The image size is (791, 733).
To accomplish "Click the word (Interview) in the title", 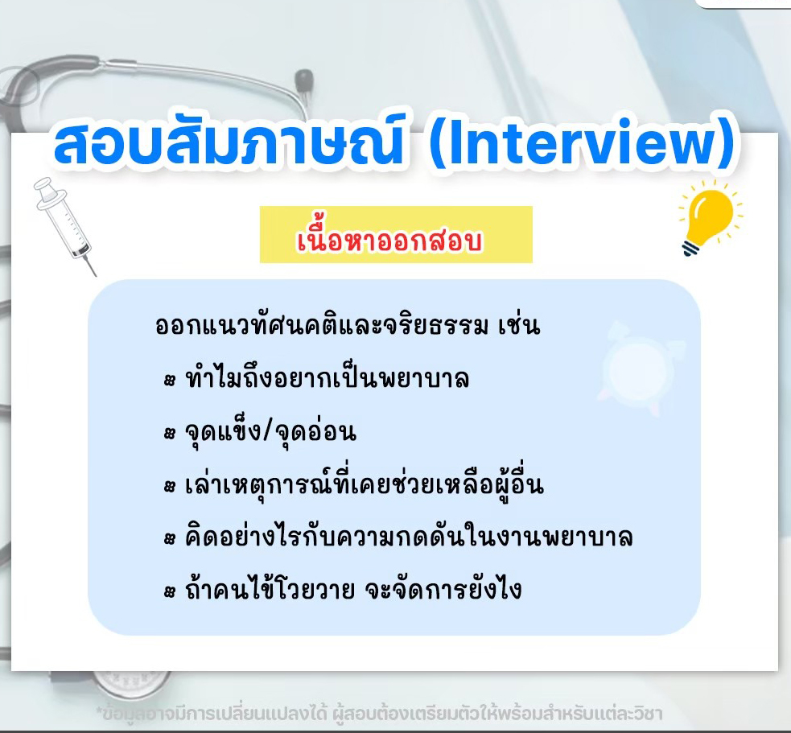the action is [582, 142].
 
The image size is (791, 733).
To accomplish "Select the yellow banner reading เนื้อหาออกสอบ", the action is [396, 235].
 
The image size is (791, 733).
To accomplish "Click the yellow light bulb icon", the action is [711, 217].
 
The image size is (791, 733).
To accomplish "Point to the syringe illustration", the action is [64, 225].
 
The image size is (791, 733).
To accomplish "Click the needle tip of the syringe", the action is [95, 275].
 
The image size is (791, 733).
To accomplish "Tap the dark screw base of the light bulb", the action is [691, 248].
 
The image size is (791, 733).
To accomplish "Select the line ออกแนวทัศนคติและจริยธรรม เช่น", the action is [348, 326].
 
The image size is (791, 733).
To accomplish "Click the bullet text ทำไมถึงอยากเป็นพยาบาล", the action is [328, 378].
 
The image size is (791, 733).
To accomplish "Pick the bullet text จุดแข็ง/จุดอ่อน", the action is [270, 432].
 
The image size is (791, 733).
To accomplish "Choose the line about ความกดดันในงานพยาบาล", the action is [409, 537].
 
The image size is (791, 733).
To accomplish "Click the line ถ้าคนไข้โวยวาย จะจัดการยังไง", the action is [353, 589].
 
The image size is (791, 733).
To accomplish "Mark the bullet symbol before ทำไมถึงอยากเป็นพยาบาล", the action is [170, 380].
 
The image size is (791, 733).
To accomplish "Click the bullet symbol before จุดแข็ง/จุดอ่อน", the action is [170, 434].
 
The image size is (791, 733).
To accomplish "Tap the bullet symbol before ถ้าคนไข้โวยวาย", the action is [170, 591].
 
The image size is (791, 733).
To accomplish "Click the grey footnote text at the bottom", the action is [379, 714].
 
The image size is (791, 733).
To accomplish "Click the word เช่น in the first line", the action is [519, 326].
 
